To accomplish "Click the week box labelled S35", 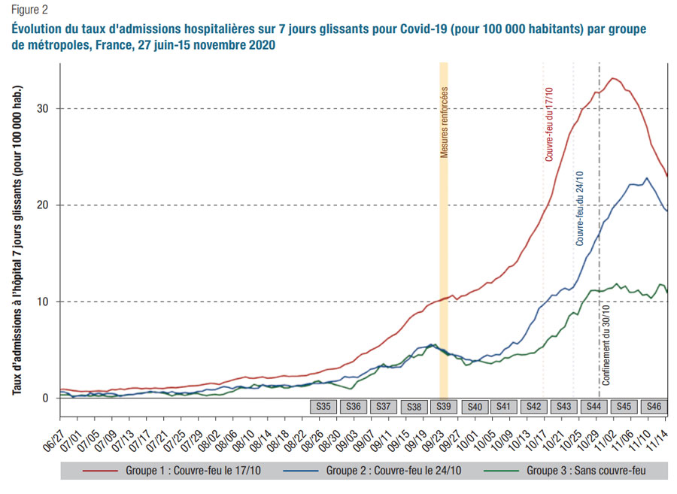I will point(324,407).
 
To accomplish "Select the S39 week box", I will point(444,407).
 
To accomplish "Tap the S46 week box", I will point(654,407).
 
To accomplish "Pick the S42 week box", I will point(534,407).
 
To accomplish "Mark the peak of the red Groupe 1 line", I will point(614,78).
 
